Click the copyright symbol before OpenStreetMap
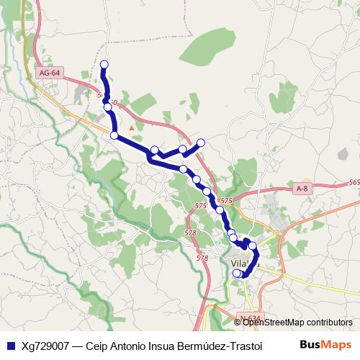238,323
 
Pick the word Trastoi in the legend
245,345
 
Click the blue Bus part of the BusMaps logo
312,344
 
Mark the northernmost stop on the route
104,65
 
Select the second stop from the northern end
108,107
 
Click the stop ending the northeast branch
201,142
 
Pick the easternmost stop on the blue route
252,246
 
